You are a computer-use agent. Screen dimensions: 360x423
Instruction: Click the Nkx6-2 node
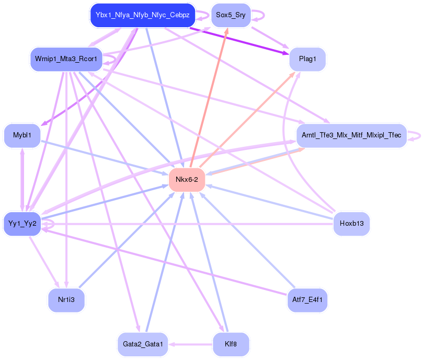187,180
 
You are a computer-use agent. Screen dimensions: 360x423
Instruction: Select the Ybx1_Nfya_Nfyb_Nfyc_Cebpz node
142,15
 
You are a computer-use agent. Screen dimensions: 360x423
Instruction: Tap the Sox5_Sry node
231,15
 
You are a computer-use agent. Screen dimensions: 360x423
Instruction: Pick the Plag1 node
307,59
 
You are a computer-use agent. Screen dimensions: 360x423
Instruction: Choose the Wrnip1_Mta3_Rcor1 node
66,59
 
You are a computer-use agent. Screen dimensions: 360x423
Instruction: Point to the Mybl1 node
22,135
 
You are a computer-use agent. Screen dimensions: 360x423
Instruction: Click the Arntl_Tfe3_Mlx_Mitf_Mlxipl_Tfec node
351,135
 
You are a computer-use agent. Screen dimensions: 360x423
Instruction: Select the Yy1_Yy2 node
22,224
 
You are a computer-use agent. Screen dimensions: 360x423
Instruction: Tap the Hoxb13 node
351,224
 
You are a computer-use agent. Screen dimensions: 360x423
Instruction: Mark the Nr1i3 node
66,300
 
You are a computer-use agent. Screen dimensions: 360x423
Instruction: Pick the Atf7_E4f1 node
307,300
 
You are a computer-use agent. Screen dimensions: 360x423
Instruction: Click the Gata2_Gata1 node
143,344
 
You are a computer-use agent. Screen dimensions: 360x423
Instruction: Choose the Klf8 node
231,344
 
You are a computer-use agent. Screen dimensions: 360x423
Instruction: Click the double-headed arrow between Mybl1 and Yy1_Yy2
22,179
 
